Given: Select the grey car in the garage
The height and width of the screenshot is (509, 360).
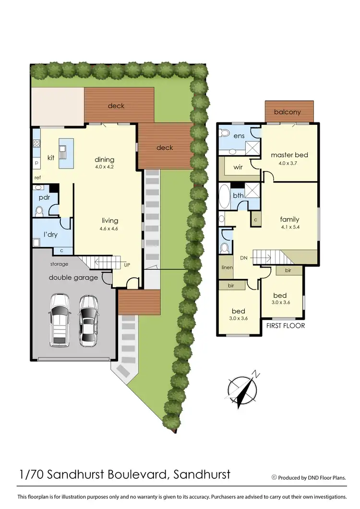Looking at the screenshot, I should click(x=88, y=320).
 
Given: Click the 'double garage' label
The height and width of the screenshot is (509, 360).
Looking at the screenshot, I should click(x=73, y=278).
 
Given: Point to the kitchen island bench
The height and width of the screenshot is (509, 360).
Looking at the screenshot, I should click(x=66, y=153).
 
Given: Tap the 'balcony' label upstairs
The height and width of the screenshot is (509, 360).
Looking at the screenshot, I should click(x=288, y=112).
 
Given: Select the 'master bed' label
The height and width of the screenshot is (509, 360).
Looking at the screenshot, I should click(x=289, y=155).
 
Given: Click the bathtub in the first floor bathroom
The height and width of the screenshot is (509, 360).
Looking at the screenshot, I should click(x=224, y=197).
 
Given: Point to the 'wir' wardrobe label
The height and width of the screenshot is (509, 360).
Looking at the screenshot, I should click(x=238, y=168).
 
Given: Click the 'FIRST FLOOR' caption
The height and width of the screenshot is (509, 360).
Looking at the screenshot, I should click(x=286, y=325).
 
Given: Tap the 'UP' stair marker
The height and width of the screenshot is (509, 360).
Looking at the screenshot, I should click(x=127, y=265).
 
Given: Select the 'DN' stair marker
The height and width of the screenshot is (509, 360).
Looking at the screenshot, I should click(x=243, y=257).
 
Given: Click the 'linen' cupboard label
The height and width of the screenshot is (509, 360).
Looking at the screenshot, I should click(x=227, y=267).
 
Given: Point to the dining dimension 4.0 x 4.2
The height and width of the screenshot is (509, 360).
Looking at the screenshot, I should click(x=105, y=167).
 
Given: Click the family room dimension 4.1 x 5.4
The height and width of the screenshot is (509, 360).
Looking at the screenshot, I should click(x=289, y=227).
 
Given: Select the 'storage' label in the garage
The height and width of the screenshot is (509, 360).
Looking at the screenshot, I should click(x=59, y=264).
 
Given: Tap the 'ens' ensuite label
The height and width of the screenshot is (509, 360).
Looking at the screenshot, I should click(x=240, y=136).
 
